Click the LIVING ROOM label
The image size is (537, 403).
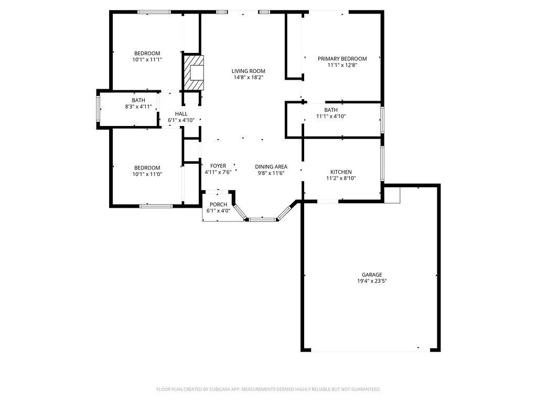click(248, 71)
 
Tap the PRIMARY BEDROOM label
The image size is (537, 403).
click(342, 59)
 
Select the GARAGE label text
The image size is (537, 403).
click(372, 275)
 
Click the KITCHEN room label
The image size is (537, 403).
click(341, 172)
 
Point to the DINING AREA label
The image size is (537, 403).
click(271, 167)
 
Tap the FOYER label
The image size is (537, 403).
click(218, 166)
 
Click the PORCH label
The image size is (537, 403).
click(219, 205)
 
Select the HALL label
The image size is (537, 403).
click(181, 114)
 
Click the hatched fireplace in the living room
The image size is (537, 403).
click(194, 73)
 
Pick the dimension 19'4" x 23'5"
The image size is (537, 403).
click(372, 281)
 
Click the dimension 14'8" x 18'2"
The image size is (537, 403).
click(248, 78)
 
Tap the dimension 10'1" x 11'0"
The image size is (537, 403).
click(147, 174)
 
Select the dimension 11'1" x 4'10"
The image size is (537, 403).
click(331, 116)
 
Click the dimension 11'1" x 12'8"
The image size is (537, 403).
click(342, 65)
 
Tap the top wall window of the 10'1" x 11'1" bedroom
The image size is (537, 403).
click(154, 13)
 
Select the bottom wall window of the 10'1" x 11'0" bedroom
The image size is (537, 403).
click(156, 206)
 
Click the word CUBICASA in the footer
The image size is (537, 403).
click(222, 389)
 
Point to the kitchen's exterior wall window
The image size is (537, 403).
click(382, 164)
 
